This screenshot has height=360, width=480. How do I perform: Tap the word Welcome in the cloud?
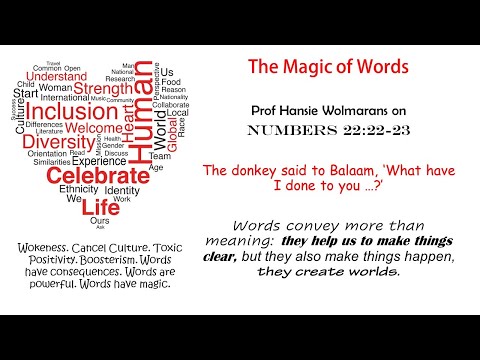pos(95,127)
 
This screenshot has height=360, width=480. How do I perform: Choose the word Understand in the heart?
pos(55,77)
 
